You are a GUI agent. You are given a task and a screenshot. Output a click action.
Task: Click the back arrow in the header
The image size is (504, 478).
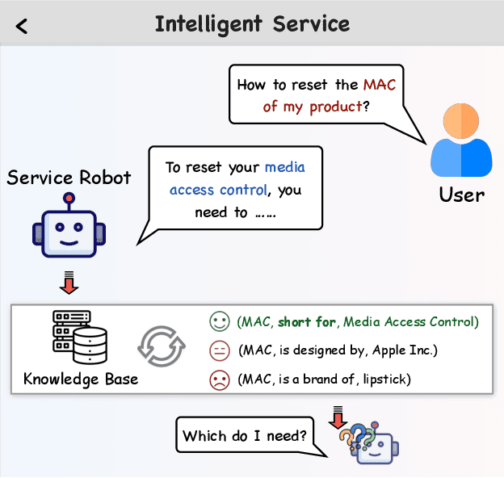tap(22, 26)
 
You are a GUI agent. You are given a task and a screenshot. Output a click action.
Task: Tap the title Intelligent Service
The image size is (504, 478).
tap(252, 23)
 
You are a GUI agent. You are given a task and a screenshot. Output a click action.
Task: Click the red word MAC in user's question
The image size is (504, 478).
tap(380, 84)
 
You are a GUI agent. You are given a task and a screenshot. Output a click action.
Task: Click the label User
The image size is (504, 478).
tap(461, 195)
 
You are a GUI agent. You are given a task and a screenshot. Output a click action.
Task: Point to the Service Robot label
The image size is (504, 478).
tap(69, 177)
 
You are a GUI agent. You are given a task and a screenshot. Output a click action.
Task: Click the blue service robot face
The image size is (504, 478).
tap(69, 229)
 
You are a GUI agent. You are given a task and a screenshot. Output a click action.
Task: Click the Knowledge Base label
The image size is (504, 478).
tap(81, 378)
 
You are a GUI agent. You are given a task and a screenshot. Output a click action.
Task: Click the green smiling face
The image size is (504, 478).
tap(218, 322)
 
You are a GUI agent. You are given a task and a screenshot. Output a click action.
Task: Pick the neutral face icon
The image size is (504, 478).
tap(218, 350)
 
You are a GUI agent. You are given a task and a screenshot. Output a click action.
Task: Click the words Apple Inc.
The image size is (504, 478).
tap(410, 350)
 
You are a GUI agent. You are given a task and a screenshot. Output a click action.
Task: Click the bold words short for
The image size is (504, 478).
tap(307, 322)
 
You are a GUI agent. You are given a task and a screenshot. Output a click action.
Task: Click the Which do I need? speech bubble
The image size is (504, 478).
tap(245, 437)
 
